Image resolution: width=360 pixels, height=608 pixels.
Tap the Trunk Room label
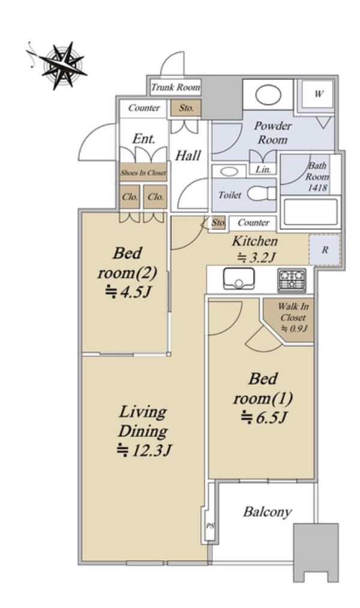(176, 87)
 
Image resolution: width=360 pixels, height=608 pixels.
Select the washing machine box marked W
(318, 94)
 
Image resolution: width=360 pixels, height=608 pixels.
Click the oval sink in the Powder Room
(268, 95)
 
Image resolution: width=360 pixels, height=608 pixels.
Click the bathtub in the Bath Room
(310, 211)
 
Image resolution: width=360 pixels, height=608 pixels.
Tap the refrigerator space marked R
(325, 250)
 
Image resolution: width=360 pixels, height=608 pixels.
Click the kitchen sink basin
(239, 278)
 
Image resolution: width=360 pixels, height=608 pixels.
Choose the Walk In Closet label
(293, 317)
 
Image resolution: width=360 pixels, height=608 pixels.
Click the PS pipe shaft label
(209, 526)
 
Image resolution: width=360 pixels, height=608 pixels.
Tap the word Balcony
(267, 512)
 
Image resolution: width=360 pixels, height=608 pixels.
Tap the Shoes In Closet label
(143, 172)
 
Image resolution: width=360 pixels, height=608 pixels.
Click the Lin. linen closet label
(263, 169)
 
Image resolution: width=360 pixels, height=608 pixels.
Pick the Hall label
(188, 155)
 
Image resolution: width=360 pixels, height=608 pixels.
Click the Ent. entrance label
(144, 139)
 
